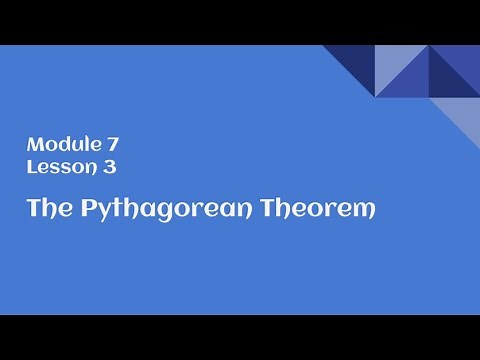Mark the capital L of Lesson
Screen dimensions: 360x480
(31, 168)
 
